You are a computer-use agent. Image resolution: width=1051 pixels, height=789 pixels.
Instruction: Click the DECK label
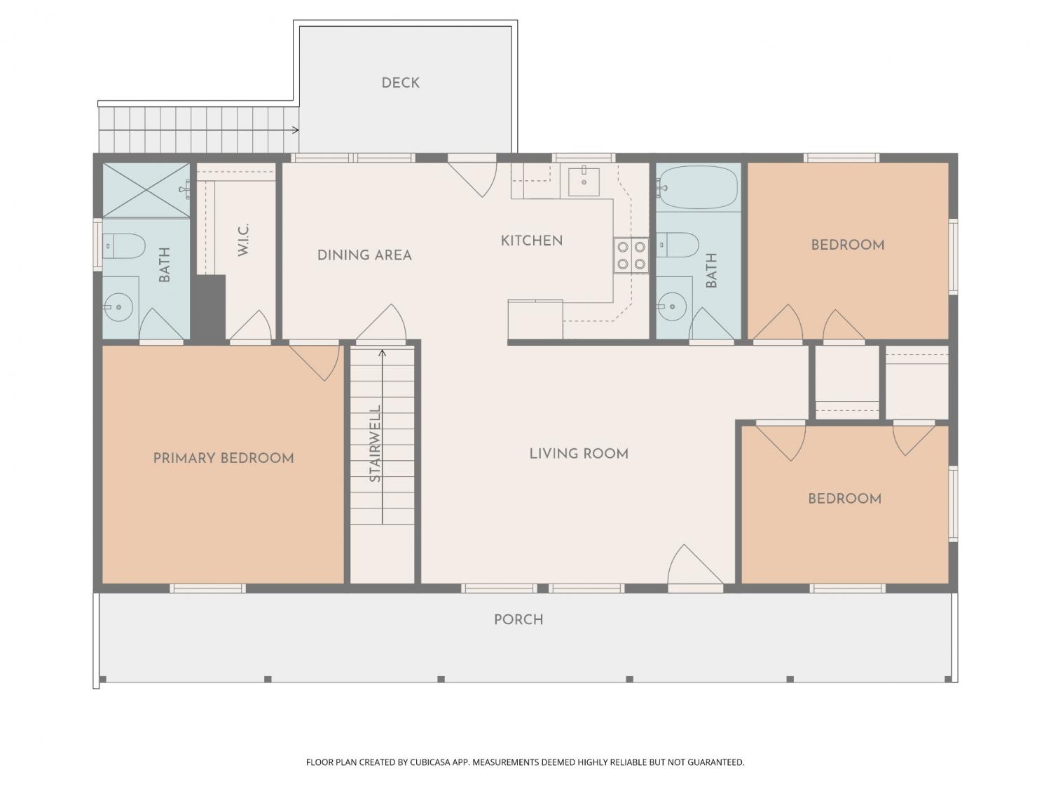coord(400,83)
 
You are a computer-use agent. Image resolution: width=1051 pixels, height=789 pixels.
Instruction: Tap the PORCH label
coord(518,620)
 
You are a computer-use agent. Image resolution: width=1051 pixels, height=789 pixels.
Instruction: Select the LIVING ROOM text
coord(579,454)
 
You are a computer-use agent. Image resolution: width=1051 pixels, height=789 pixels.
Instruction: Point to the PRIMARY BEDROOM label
coord(224,459)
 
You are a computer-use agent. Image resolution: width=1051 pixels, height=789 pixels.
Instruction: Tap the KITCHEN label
coord(532,241)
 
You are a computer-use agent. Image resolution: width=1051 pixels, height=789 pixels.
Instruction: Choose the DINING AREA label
coord(364,255)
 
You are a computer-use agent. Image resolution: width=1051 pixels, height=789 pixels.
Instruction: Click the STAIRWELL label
coord(375,444)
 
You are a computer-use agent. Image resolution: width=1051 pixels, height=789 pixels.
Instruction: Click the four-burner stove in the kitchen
coord(631,255)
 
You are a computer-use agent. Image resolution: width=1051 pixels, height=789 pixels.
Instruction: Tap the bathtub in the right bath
coord(698,187)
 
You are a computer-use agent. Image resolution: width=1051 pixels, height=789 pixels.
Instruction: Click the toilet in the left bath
coord(123,246)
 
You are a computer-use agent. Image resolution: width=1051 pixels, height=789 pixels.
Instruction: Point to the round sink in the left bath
coord(118,307)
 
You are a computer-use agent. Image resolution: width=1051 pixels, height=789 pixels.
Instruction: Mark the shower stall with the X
coord(146,190)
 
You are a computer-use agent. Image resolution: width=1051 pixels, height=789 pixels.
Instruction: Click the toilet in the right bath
coord(677,245)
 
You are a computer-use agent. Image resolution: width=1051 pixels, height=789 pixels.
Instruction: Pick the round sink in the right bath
coord(672,305)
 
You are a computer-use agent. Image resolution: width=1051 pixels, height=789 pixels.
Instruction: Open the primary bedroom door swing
coord(315,362)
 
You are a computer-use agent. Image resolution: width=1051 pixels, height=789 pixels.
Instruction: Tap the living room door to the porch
coord(694,565)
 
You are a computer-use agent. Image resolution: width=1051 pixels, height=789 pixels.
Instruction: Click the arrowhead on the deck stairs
coord(296,130)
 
